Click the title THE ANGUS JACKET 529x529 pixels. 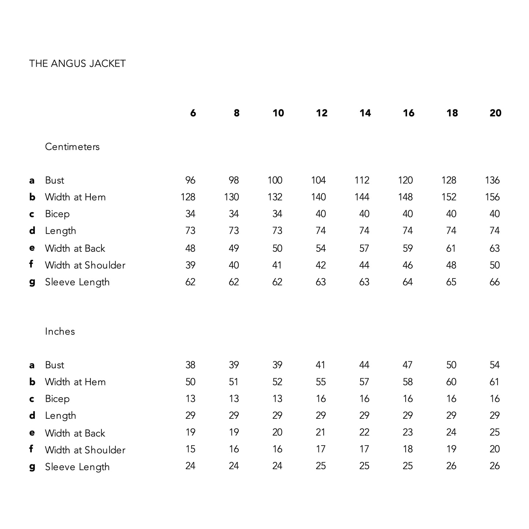(x=77, y=64)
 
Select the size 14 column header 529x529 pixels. (x=365, y=113)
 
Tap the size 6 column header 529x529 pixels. (x=193, y=113)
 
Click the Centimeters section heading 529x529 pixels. (x=72, y=147)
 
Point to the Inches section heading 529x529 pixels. (x=60, y=331)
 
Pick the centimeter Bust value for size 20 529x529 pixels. (x=492, y=180)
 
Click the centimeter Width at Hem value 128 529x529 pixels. (x=188, y=197)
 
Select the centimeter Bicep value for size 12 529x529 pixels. (x=320, y=214)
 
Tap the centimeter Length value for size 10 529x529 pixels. (x=277, y=231)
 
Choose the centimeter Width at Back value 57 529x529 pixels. (x=364, y=248)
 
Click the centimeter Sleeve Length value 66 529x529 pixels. (x=494, y=282)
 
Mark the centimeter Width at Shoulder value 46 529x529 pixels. (x=407, y=265)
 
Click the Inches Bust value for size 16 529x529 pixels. (x=407, y=365)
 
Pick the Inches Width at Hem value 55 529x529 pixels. (x=320, y=382)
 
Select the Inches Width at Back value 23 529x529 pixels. (x=407, y=432)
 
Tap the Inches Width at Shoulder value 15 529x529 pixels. (x=190, y=449)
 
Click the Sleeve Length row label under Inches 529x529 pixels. (x=77, y=467)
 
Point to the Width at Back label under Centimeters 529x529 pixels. (x=75, y=248)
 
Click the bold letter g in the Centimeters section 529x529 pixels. (x=32, y=282)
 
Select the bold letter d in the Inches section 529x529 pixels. (x=32, y=416)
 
